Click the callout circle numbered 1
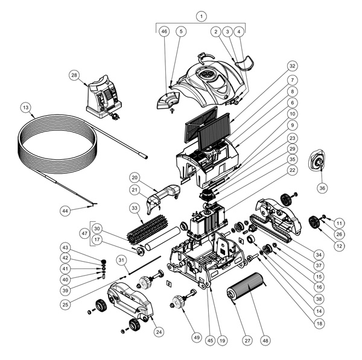click(x=202, y=16)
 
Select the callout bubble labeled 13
click(x=25, y=107)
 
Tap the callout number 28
click(x=74, y=75)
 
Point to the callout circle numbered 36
click(x=322, y=188)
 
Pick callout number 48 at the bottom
click(x=265, y=340)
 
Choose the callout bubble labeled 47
click(x=84, y=233)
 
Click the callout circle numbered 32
click(x=292, y=66)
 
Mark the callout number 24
click(x=159, y=332)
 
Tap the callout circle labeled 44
click(x=65, y=211)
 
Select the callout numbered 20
click(x=135, y=177)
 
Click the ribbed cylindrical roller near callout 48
click(x=246, y=287)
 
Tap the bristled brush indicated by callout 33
click(x=148, y=227)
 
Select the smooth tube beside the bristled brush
click(x=162, y=238)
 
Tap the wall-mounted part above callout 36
click(x=318, y=160)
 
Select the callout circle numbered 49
click(x=197, y=337)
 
